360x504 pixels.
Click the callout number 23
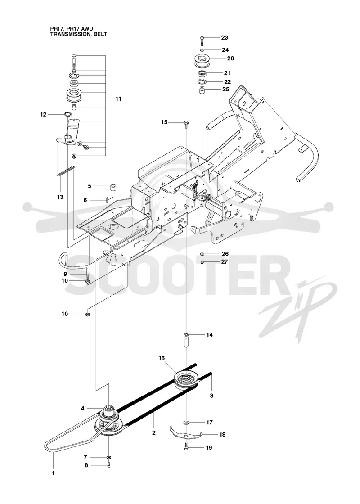tap(225, 38)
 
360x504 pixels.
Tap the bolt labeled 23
tap(202, 40)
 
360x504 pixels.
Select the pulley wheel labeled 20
tap(202, 61)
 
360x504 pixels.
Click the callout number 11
tap(118, 99)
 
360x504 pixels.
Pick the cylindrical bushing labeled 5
tap(112, 187)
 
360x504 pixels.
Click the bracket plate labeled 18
tap(185, 432)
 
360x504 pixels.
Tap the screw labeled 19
tap(187, 447)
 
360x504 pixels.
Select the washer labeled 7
tap(109, 457)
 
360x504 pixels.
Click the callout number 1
tap(53, 473)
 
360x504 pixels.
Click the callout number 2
tap(154, 432)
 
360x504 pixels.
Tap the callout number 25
tap(225, 90)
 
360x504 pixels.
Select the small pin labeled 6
tap(107, 200)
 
